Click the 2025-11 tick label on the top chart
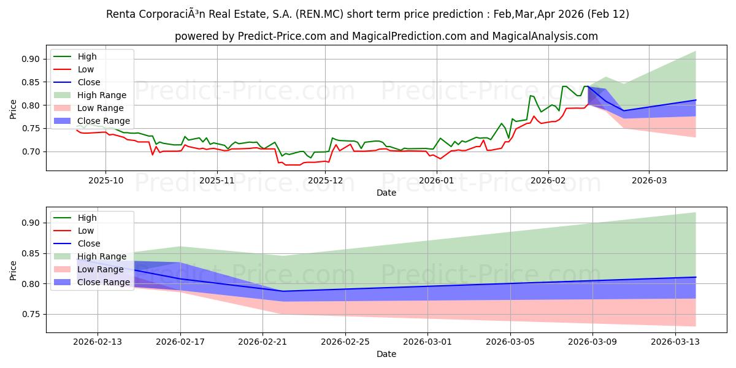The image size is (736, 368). (x=217, y=181)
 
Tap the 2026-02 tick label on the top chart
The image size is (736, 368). (x=548, y=181)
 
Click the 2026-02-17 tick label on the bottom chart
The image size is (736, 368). (x=180, y=342)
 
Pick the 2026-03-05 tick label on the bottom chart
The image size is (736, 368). (x=510, y=342)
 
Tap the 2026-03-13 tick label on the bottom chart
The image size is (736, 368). (x=675, y=342)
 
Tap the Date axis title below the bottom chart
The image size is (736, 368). (x=386, y=354)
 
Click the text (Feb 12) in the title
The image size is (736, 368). (x=608, y=14)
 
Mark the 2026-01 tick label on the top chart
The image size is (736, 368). (x=436, y=181)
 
